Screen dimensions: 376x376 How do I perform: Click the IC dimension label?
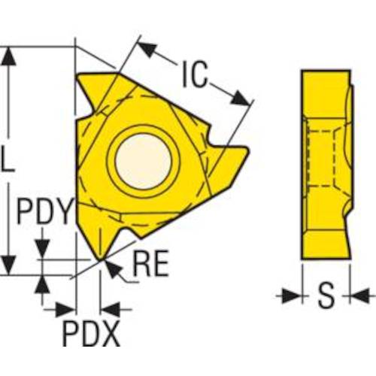click(x=196, y=74)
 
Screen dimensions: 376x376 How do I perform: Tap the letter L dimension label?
click(x=8, y=159)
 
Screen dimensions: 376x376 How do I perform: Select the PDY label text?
click(x=45, y=211)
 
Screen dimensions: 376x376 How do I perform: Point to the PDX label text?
click(x=91, y=334)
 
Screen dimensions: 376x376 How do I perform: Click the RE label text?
click(x=151, y=264)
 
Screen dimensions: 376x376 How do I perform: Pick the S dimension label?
click(x=326, y=296)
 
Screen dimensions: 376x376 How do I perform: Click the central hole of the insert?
click(x=143, y=162)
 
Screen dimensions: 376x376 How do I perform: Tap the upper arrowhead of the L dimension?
click(x=9, y=56)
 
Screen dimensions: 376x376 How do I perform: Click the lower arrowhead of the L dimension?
click(x=9, y=265)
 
